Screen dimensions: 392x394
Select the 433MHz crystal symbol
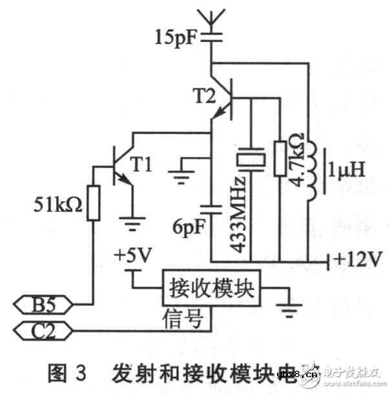point(251,159)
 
